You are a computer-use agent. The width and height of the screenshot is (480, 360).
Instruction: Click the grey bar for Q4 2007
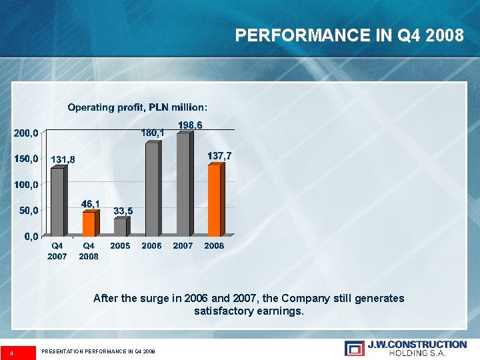(x=57, y=202)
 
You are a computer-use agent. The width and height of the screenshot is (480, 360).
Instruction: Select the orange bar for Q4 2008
(x=88, y=224)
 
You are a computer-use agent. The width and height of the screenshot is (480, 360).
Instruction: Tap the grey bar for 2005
(x=119, y=227)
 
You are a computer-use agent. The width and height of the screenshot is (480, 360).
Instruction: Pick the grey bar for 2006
(x=151, y=189)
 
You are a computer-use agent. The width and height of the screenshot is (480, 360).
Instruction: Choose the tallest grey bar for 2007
(x=183, y=184)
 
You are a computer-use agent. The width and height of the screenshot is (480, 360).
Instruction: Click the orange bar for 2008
(x=214, y=200)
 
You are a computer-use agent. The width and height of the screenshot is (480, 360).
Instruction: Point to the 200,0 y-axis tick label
(x=27, y=133)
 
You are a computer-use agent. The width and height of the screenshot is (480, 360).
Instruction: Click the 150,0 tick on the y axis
(x=27, y=159)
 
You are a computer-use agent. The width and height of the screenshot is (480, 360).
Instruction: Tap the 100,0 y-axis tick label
(x=27, y=185)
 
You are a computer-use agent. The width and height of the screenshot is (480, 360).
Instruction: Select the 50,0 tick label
(x=29, y=211)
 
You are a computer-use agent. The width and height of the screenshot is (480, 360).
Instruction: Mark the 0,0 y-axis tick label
(x=31, y=236)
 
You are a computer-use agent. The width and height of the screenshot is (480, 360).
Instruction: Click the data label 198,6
(x=190, y=125)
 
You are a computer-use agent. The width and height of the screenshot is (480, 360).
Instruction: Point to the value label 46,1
(x=91, y=203)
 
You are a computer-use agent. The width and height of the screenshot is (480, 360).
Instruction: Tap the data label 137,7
(x=219, y=155)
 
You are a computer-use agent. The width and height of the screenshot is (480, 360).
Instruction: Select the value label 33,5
(x=123, y=211)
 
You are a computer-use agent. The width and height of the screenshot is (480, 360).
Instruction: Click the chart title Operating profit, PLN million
(x=137, y=107)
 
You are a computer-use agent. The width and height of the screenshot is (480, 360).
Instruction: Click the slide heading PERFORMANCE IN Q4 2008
(x=349, y=35)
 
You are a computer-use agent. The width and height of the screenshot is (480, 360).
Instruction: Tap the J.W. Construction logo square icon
(x=355, y=348)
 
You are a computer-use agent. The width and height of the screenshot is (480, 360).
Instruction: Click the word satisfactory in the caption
(x=227, y=311)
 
